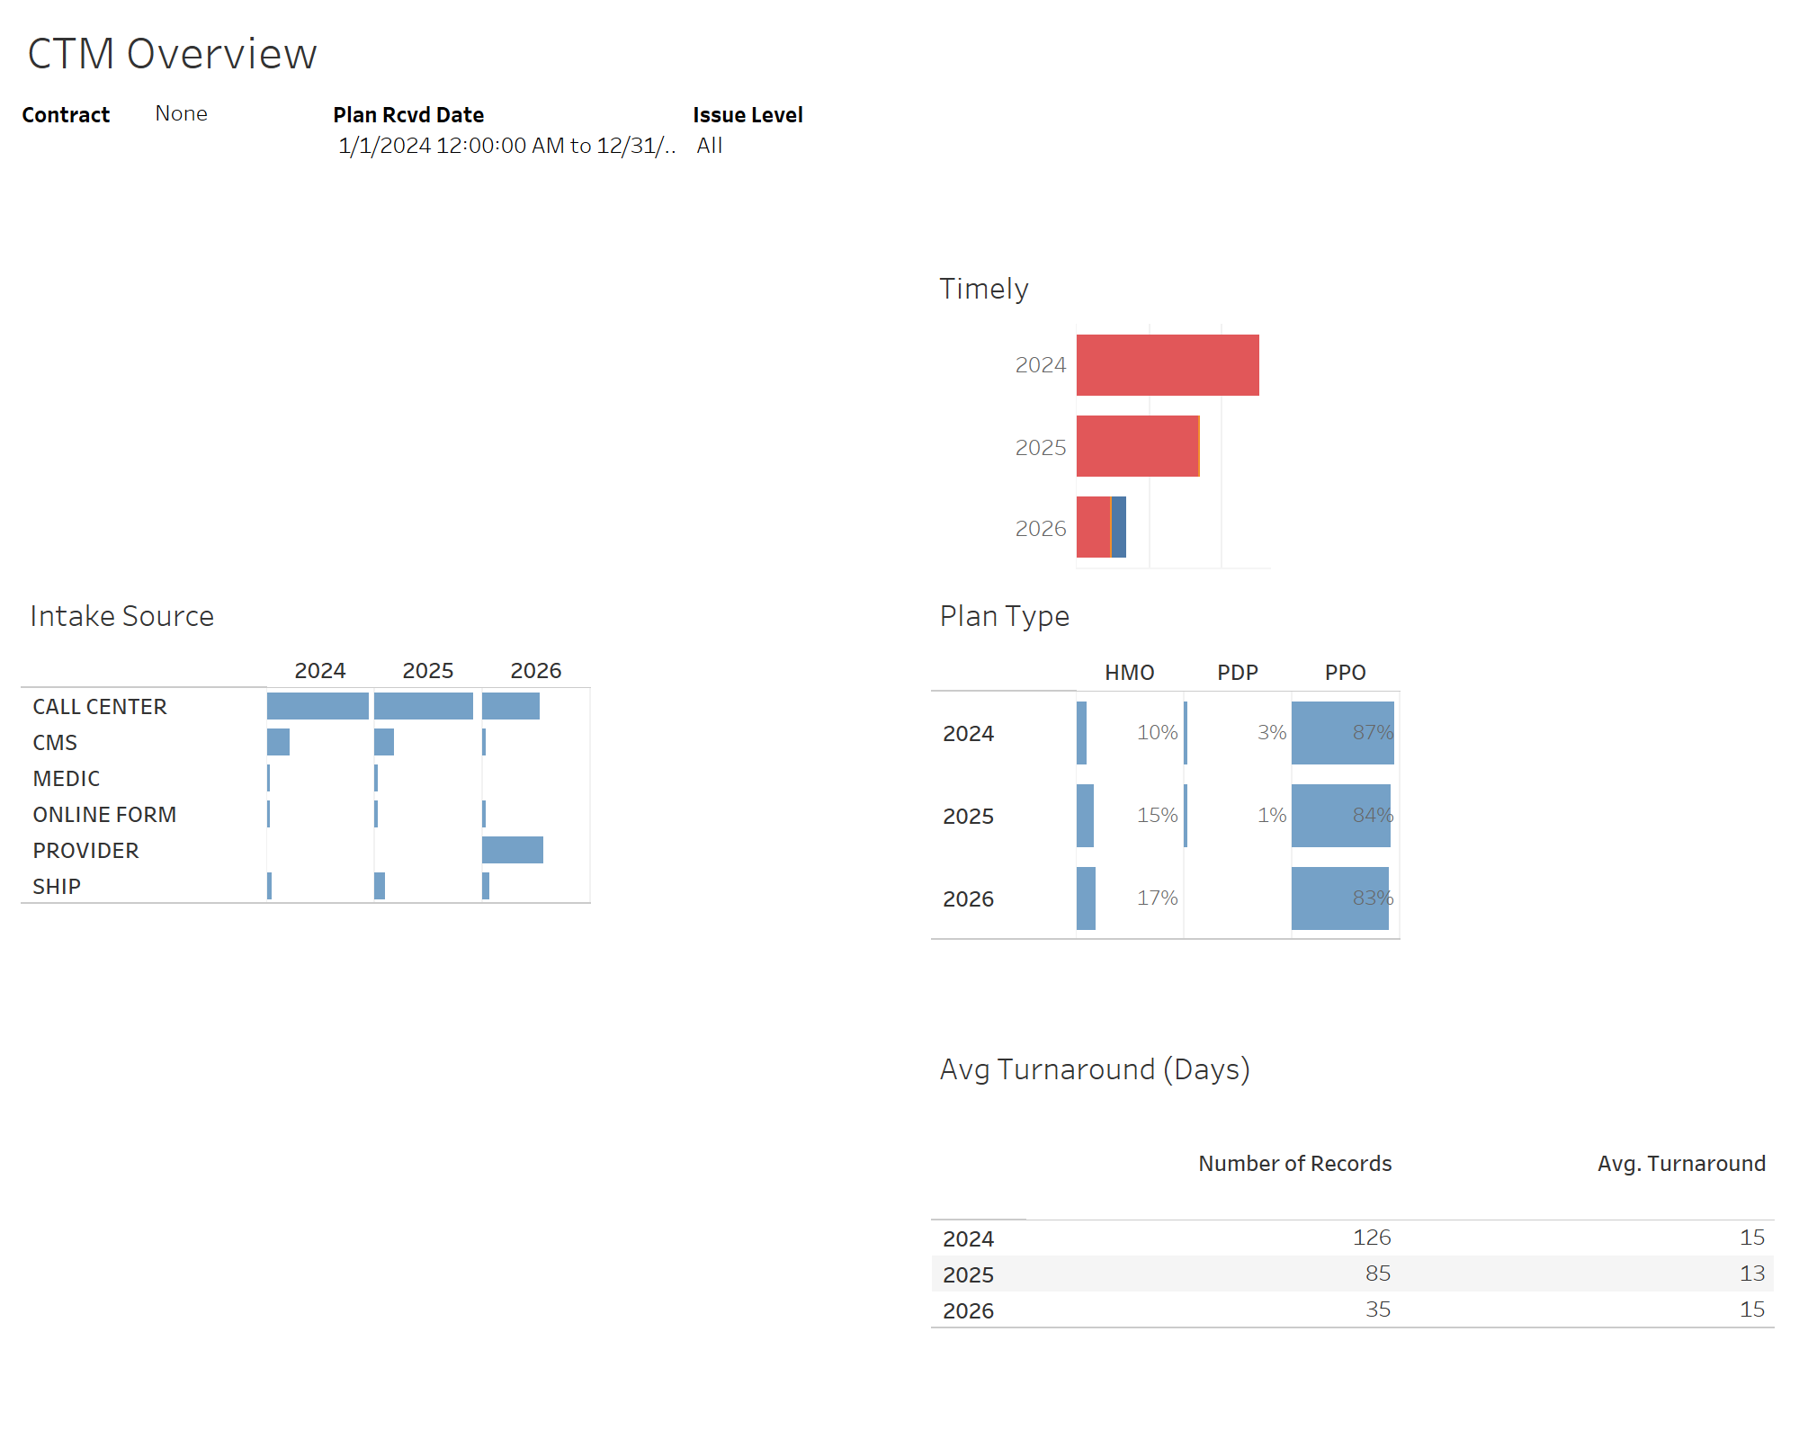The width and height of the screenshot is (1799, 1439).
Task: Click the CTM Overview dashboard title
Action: (x=172, y=54)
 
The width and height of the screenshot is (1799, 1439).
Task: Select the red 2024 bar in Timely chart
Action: (x=1167, y=365)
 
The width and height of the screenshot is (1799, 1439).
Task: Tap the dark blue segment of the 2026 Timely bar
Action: (x=1119, y=527)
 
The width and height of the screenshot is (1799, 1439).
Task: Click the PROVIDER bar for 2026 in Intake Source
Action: (x=513, y=850)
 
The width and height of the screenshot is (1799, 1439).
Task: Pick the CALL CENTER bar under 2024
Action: (x=318, y=706)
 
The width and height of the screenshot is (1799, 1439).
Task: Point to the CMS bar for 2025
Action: (x=384, y=742)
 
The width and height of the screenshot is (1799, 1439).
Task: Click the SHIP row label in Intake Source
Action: (x=57, y=887)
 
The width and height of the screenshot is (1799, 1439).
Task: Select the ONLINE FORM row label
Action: (x=104, y=815)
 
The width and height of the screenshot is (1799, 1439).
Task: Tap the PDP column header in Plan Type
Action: (x=1237, y=673)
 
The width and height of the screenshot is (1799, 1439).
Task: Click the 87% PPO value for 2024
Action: (x=1372, y=733)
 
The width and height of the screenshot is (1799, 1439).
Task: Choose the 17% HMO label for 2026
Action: (x=1157, y=898)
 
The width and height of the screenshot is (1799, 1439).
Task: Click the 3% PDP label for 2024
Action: (x=1271, y=733)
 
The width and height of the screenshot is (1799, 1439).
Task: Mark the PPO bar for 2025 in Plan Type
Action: (x=1340, y=816)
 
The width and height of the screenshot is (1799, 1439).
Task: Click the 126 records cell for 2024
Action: (x=1372, y=1238)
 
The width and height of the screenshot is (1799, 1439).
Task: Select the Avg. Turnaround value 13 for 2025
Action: (x=1751, y=1274)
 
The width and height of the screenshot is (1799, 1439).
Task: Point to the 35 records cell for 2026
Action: (x=1377, y=1309)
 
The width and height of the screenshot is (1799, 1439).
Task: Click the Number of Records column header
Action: (x=1294, y=1164)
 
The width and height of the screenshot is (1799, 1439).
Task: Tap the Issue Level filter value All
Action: (x=710, y=146)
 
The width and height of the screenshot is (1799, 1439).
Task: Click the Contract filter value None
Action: (x=181, y=113)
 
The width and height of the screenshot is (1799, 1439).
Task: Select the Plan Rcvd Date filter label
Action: (x=408, y=115)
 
